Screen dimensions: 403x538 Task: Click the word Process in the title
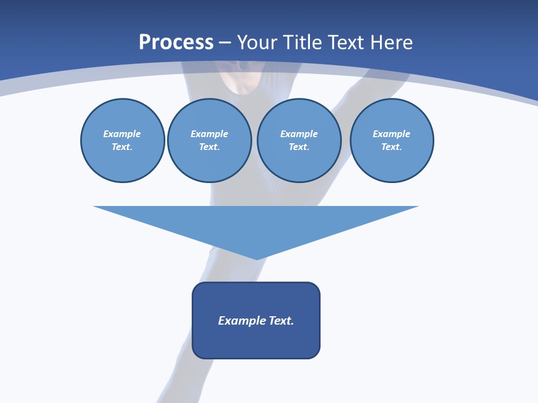[x=176, y=43]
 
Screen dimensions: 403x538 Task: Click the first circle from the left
[x=122, y=140]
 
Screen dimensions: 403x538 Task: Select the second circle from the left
[x=209, y=140]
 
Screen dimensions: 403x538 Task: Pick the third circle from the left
[x=299, y=140]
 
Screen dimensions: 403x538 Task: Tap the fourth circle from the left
[x=392, y=140]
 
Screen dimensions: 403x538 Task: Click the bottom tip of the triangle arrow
[x=257, y=259]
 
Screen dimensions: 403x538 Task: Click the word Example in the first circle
[x=122, y=134]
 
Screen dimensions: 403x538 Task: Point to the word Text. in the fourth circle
[x=392, y=147]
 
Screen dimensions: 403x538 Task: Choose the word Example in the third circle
[x=299, y=134]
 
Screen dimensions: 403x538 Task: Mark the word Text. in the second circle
[x=209, y=147]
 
